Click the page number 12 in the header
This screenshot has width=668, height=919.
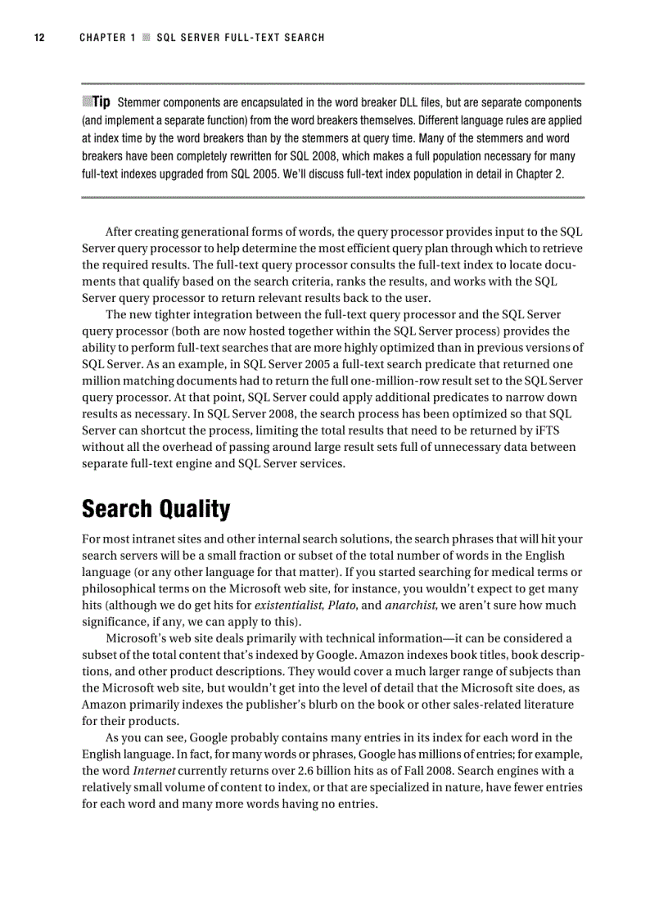38,38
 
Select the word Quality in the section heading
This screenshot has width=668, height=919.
195,509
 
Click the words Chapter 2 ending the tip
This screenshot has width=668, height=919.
539,174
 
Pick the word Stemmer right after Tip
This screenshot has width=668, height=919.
141,103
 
